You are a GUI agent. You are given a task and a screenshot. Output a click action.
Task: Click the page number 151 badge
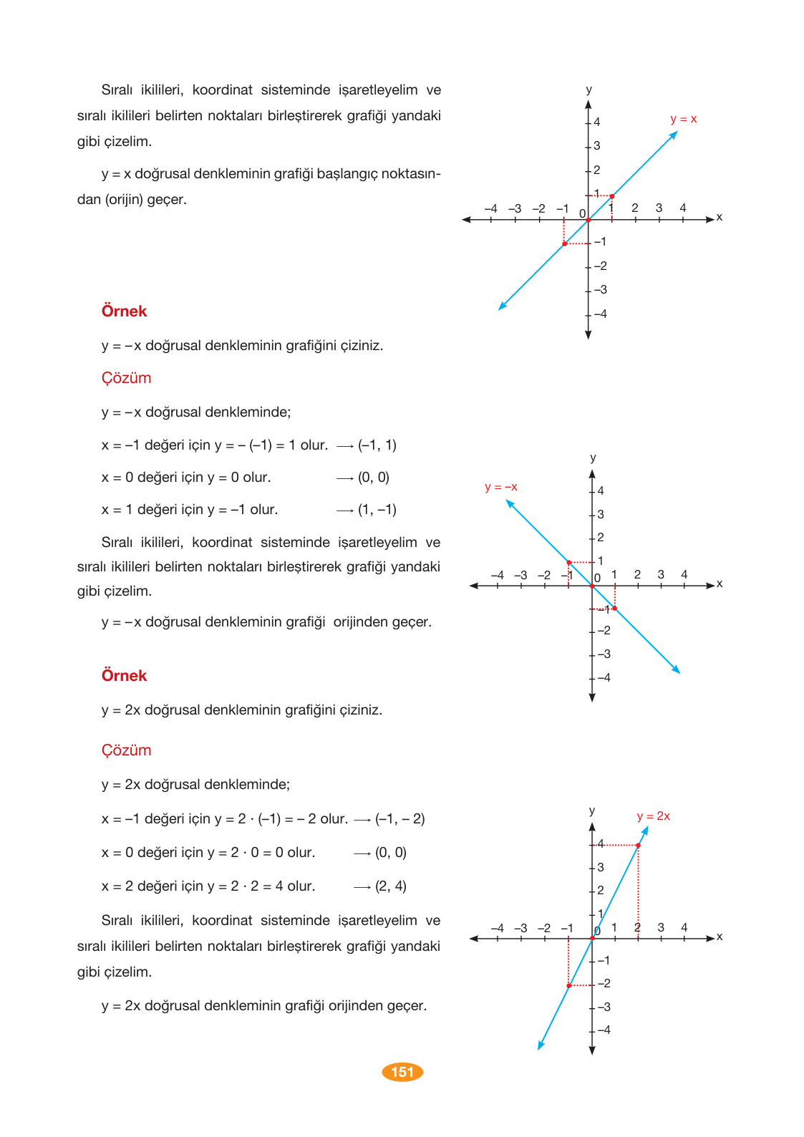pos(402,1072)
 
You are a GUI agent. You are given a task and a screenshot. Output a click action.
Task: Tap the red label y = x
pos(683,119)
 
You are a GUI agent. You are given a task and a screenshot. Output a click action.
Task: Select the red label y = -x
pos(500,487)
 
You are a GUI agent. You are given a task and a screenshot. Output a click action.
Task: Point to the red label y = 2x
pos(653,816)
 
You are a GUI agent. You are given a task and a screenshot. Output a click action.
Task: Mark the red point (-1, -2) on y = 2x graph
pos(568,986)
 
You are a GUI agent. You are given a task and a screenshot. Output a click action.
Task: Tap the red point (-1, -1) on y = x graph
pos(564,244)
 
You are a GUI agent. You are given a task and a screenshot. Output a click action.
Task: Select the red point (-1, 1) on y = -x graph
pos(568,562)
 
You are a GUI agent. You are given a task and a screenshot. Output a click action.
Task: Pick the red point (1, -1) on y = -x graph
pos(615,609)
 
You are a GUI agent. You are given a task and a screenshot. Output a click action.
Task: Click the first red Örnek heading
pos(124,311)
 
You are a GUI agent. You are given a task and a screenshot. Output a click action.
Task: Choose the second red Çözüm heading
pos(126,750)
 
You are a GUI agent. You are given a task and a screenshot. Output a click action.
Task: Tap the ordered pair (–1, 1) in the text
pos(377,445)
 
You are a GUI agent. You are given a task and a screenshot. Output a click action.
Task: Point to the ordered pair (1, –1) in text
pos(377,510)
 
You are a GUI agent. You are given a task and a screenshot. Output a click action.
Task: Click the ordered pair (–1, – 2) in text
pos(399,819)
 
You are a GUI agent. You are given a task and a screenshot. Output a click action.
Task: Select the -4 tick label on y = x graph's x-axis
pos(490,208)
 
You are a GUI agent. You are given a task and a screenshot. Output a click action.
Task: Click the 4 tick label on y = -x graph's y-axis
pos(601,490)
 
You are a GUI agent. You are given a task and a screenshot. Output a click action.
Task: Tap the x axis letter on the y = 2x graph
pos(720,937)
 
